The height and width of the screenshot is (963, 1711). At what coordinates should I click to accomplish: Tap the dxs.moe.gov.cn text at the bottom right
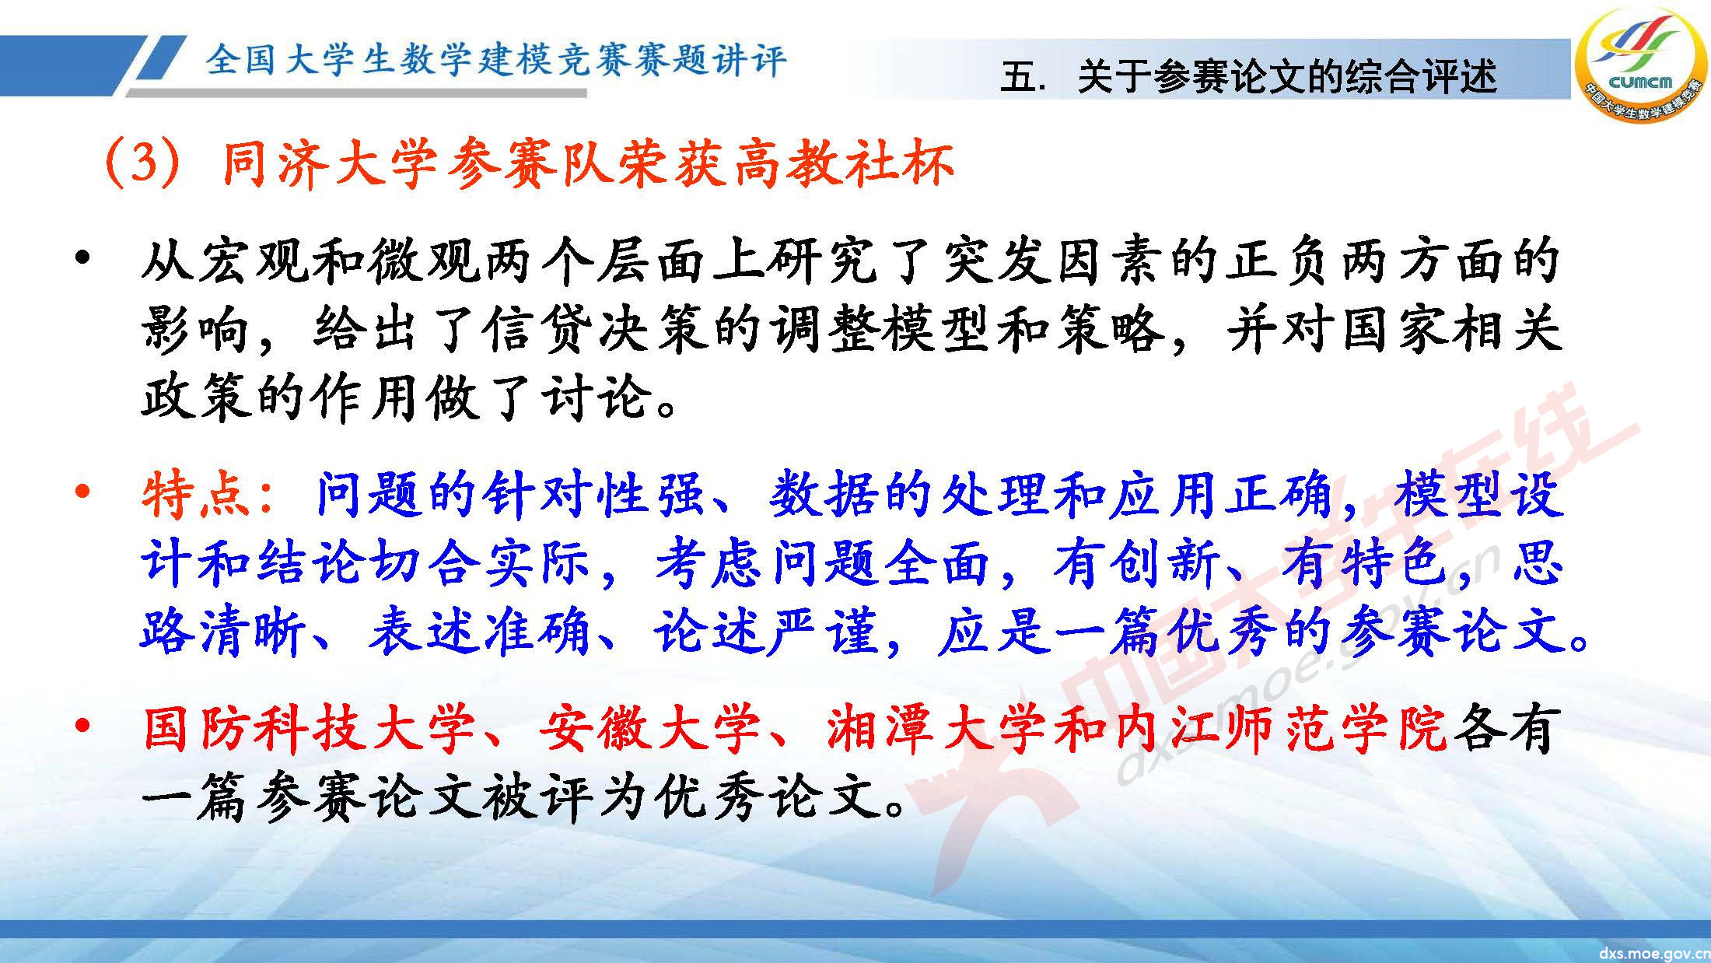coord(1653,952)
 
